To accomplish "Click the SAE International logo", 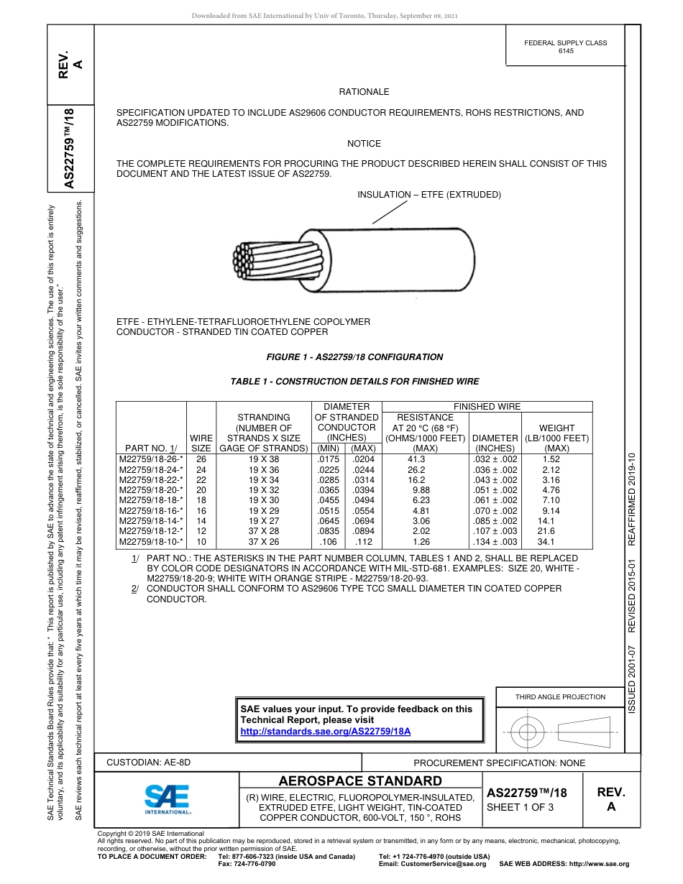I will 167,798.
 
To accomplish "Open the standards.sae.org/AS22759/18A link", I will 325,731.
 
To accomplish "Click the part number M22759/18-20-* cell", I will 151,489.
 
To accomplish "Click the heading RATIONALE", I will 364,92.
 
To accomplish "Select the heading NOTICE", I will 364,144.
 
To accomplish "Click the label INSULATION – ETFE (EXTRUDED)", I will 429,195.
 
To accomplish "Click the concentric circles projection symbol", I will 528,732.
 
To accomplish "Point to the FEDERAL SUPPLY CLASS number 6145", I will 566,51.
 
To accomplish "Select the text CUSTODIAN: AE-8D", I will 149,762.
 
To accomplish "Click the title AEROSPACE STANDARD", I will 360,781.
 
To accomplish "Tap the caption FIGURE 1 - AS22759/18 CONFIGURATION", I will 354,357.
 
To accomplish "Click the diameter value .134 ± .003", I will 495,541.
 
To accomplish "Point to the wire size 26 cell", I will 201,459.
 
